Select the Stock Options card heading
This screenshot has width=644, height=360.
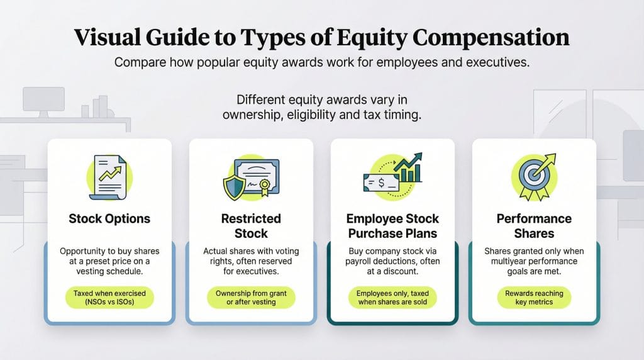(109, 219)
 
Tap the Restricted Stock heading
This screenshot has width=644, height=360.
(251, 226)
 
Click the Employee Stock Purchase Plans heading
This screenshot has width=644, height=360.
(392, 226)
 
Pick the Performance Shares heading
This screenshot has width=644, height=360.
(533, 226)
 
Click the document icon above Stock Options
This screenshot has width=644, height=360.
(106, 177)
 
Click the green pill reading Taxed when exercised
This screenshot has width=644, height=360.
(109, 298)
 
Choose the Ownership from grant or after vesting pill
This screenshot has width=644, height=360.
(251, 298)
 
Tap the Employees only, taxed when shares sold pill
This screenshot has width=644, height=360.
(392, 298)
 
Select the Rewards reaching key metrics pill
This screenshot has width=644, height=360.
(533, 298)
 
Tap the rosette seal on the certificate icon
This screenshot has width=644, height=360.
(264, 187)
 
